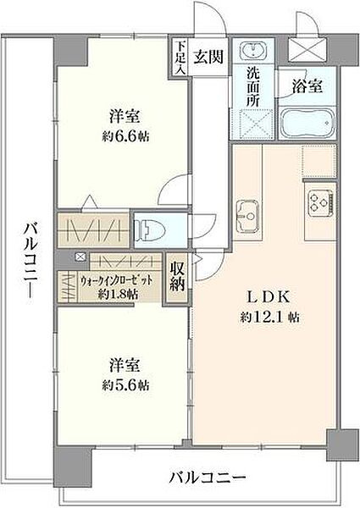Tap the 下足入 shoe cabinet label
(x=179, y=58)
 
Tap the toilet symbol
(x=149, y=227)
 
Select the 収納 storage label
(x=176, y=278)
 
